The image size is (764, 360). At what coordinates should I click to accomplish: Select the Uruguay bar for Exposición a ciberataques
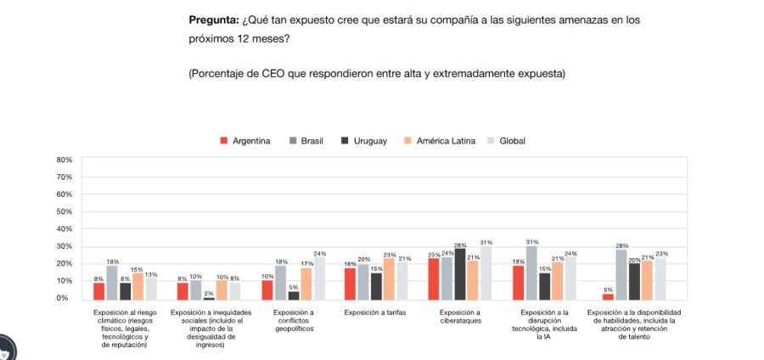[460, 274]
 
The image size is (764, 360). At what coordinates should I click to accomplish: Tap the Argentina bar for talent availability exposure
[608, 295]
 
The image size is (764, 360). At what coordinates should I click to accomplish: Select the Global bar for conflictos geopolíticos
[319, 278]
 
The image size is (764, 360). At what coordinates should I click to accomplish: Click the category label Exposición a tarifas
[376, 312]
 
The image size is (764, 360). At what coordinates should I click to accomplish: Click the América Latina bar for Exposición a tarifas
[389, 278]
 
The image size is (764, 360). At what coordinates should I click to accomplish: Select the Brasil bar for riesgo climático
[111, 283]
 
